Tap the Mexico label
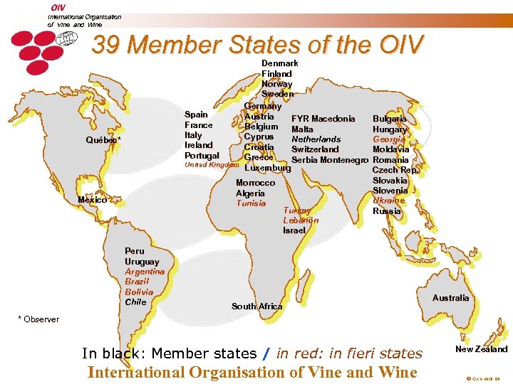point(93,200)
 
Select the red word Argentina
point(145,272)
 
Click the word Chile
point(135,302)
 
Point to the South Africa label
point(257,306)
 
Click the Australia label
point(451,298)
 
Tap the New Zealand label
point(482,349)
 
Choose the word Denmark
point(280,63)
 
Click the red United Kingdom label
point(212,165)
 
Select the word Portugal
point(202,155)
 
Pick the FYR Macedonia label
point(323,119)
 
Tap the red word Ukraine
point(389,201)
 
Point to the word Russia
point(387,211)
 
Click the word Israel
point(294,230)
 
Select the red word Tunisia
point(251,203)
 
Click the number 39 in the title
point(106,46)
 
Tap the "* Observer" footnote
point(38,319)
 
